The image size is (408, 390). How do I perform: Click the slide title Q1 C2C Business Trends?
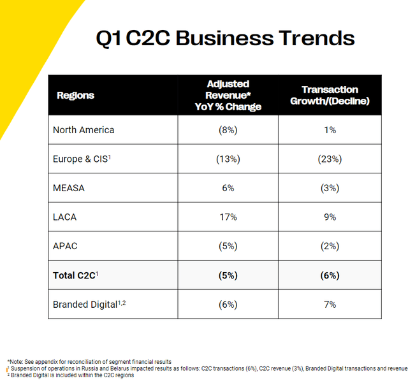[x=225, y=38]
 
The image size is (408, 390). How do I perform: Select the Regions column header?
[x=75, y=96]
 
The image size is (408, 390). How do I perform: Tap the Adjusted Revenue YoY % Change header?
[x=228, y=96]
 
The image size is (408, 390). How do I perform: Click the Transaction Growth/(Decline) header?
[x=330, y=95]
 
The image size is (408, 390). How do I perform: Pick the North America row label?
[x=84, y=130]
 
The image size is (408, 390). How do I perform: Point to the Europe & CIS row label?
[x=82, y=159]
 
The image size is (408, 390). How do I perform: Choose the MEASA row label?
[x=69, y=188]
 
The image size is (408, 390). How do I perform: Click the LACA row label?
[x=64, y=217]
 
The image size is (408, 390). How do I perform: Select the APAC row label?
[x=65, y=247]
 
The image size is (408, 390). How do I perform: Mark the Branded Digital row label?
[x=87, y=305]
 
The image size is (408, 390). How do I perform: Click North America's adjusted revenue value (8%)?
[x=228, y=130]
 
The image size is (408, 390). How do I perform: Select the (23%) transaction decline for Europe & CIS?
[x=330, y=159]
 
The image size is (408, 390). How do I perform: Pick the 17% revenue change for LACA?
[x=228, y=217]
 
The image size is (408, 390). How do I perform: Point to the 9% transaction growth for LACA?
[x=330, y=217]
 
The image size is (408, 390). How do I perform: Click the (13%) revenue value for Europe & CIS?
[x=228, y=159]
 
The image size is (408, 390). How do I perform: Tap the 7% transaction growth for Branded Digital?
[x=330, y=305]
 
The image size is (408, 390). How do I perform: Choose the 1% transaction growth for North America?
[x=330, y=130]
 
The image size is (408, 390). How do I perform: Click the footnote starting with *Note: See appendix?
[x=89, y=362]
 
